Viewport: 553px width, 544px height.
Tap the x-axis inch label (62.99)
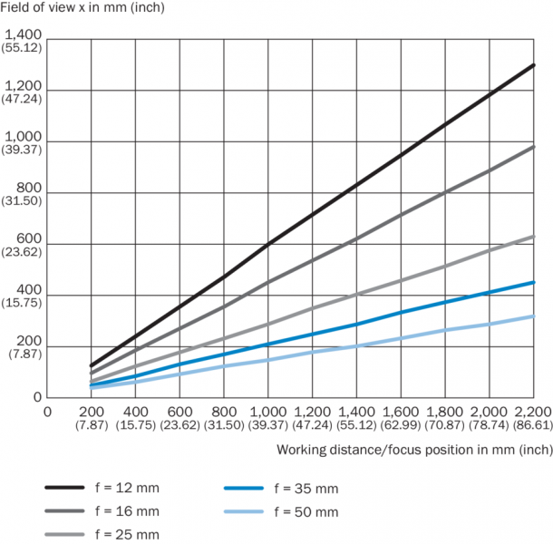400,424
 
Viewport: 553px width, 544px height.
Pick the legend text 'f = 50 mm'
308,511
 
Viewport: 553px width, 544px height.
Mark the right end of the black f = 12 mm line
534,64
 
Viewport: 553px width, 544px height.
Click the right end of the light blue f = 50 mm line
534,316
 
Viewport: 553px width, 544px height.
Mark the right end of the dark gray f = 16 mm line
534,146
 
